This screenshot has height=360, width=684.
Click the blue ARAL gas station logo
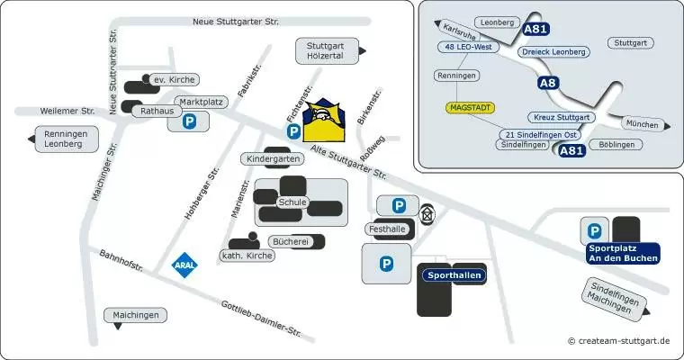(x=184, y=265)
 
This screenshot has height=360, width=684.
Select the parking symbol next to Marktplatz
(x=189, y=121)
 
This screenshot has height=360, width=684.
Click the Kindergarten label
(x=272, y=158)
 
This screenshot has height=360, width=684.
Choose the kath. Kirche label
(x=247, y=256)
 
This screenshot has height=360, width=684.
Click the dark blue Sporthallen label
(x=454, y=275)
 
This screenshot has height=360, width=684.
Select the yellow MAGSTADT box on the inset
(x=470, y=107)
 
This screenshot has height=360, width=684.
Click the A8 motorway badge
(x=548, y=83)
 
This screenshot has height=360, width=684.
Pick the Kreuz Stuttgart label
(x=561, y=117)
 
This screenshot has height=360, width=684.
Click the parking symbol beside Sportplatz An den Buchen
(x=594, y=231)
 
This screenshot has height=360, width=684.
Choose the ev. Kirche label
(x=173, y=80)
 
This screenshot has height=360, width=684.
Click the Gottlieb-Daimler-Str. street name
(x=261, y=318)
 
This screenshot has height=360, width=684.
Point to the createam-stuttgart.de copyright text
(x=619, y=341)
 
